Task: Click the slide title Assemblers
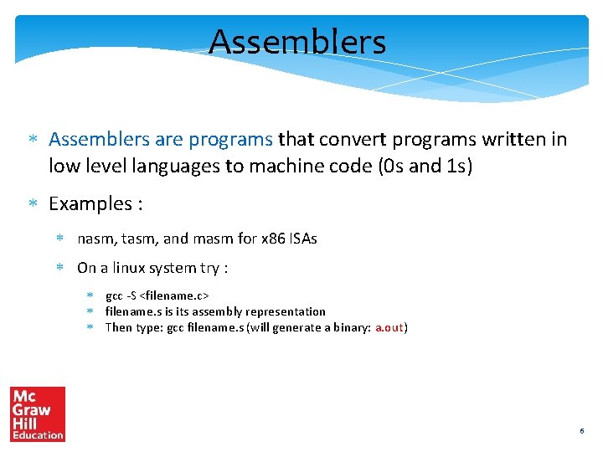coord(297,42)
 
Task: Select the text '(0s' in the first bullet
coord(388,166)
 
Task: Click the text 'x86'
coord(273,239)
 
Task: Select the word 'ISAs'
coord(304,239)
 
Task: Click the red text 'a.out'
coord(389,327)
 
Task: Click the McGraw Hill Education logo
coord(38,413)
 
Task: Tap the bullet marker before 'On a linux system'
coord(60,269)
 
